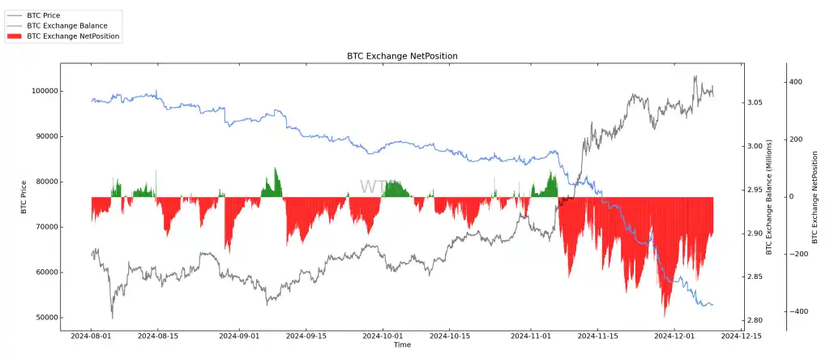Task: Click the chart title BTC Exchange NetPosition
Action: [402, 56]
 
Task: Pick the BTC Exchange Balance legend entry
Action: [66, 26]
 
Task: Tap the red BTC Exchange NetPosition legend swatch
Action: [15, 36]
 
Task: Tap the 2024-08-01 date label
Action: [91, 335]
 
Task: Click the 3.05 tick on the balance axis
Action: [754, 102]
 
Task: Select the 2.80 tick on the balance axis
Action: [754, 321]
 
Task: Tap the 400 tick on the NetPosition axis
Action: [796, 82]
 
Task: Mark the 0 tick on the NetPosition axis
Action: [792, 197]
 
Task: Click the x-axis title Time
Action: [402, 345]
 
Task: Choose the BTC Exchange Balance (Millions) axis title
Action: [769, 198]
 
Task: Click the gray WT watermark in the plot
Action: [374, 187]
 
